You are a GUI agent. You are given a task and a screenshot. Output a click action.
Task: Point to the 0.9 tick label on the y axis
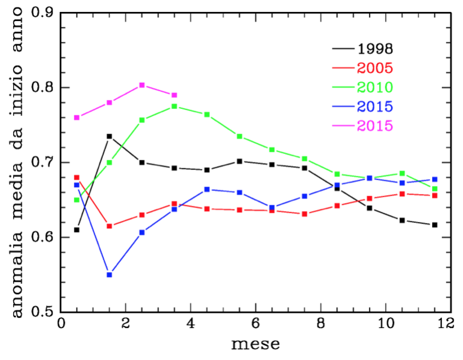pyautogui.click(x=43, y=13)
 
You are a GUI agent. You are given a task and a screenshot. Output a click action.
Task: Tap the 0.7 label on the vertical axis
pyautogui.click(x=43, y=163)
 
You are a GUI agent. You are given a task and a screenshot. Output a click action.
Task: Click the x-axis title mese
pyautogui.click(x=255, y=344)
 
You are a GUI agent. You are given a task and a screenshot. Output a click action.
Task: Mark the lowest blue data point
pyautogui.click(x=109, y=274)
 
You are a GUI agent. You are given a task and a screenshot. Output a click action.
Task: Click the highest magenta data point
pyautogui.click(x=142, y=85)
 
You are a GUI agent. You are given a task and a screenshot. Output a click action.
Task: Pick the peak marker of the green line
pyautogui.click(x=174, y=106)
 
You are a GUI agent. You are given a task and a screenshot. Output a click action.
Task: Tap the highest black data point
pyautogui.click(x=109, y=136)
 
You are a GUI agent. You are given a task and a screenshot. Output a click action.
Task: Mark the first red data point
pyautogui.click(x=76, y=177)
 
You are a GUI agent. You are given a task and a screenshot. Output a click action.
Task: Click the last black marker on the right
pyautogui.click(x=434, y=225)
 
